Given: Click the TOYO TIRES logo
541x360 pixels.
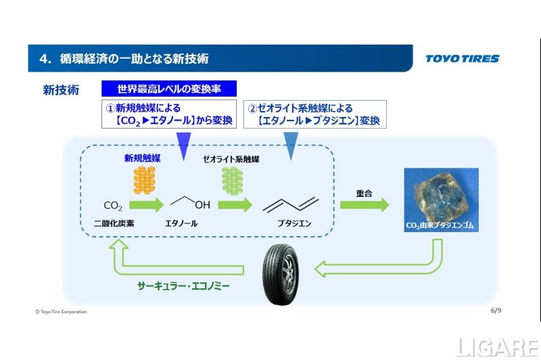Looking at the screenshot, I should coord(462,58).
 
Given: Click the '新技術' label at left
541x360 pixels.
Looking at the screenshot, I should coord(61,89).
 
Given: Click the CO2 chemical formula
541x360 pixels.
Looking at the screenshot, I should coord(112,206).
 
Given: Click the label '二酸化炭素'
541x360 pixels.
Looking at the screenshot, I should coord(112,223).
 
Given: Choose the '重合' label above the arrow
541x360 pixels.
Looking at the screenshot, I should coord(364,193).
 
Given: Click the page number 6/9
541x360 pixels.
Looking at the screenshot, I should coord(495,311).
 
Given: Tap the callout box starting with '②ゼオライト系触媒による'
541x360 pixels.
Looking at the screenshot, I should coord(314,114).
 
